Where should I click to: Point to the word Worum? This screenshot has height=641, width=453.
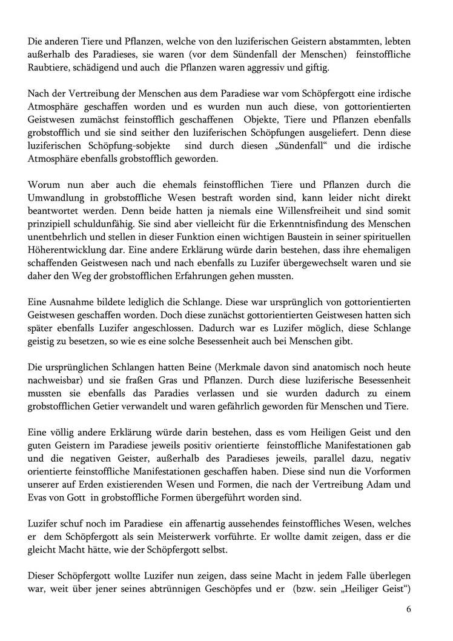[44, 185]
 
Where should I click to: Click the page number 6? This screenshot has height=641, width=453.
[409, 609]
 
